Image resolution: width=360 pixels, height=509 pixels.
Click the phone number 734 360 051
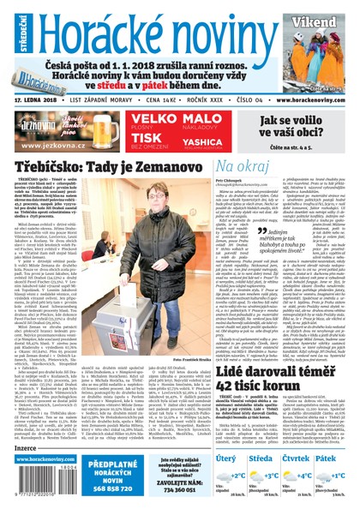175,492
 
